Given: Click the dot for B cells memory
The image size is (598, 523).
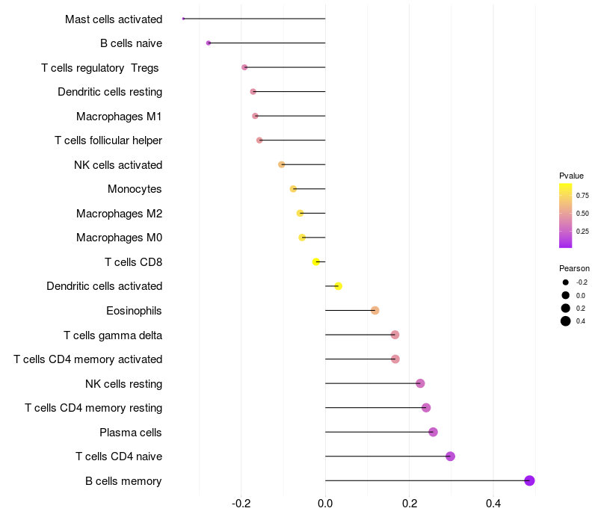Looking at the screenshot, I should [529, 480].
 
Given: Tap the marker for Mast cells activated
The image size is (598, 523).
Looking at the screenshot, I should [183, 19].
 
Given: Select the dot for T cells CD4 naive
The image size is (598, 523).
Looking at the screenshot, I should [450, 457].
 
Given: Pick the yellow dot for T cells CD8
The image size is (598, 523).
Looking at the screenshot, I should [316, 261].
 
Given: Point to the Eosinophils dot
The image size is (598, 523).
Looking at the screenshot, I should [375, 311].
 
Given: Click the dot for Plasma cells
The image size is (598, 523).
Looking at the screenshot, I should [433, 432].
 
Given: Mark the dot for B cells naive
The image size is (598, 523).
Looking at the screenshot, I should [209, 43].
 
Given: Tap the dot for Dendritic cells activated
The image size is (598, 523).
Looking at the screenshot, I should [338, 286].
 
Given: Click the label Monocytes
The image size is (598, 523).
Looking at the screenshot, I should [135, 189].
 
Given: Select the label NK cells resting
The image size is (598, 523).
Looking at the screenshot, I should [123, 384].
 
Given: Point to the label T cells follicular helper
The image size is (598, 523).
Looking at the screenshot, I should [108, 140].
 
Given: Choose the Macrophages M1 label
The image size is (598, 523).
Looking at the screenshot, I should [119, 117].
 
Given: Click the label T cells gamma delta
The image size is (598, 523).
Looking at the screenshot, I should [113, 335].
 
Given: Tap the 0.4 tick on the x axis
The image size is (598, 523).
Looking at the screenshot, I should [493, 504].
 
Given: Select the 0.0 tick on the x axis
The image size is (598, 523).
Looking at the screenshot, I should [325, 504].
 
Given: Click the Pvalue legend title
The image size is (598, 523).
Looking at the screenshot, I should [571, 176].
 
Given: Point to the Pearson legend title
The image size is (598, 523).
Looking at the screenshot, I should [574, 268].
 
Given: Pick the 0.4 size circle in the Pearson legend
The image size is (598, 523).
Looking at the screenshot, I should [566, 321].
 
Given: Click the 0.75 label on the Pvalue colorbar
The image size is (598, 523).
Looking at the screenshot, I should [582, 195].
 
